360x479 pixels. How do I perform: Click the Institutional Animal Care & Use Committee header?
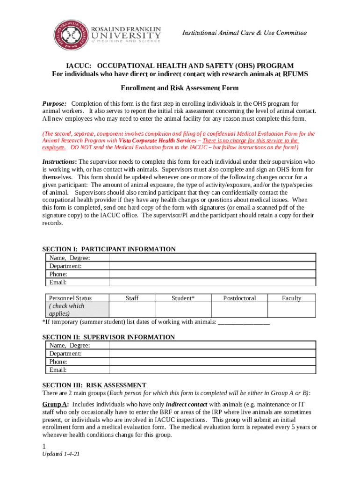click(244, 33)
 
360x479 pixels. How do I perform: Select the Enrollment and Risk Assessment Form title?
click(180, 88)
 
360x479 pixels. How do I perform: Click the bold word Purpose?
click(54, 103)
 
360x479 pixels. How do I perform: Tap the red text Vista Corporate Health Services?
click(157, 140)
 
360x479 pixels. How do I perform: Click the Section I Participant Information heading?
click(109, 249)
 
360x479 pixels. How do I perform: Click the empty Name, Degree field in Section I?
click(212, 258)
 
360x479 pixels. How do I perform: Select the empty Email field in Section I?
click(212, 282)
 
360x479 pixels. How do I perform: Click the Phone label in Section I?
click(58, 274)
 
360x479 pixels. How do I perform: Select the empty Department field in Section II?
click(212, 354)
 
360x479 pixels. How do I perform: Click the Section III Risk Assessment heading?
click(94, 385)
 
